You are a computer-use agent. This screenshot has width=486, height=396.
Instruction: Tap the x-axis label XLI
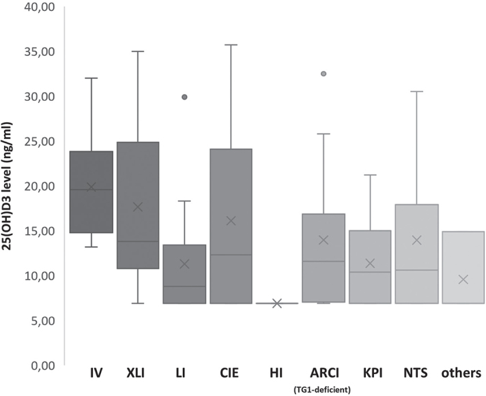pos(137,374)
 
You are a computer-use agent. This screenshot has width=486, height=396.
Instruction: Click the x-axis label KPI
pos(370,374)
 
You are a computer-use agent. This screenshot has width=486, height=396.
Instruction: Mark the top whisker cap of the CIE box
pos(231,45)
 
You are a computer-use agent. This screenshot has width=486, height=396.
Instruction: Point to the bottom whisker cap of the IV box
pos(91,247)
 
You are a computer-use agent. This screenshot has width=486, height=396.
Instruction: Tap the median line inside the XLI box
pos(137,241)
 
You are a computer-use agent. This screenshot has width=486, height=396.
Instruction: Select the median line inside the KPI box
pos(370,272)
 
